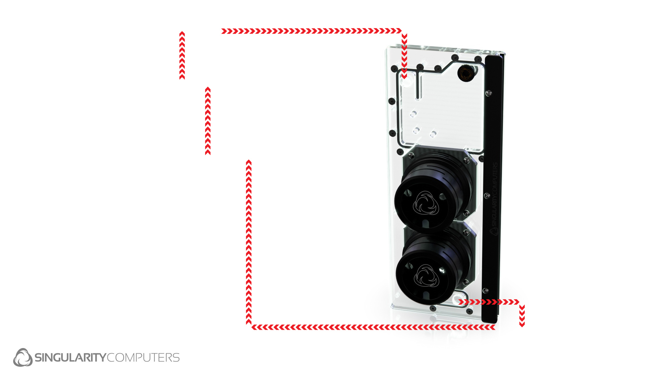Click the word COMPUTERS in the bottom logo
tap(143, 357)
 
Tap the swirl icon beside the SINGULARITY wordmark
tap(23, 357)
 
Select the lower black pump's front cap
tap(423, 277)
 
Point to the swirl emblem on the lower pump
tap(427, 276)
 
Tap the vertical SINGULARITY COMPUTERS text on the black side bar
tap(495, 199)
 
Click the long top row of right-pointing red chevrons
tap(311, 31)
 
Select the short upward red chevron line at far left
tap(182, 55)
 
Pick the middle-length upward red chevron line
tap(208, 121)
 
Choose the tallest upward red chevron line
tap(249, 242)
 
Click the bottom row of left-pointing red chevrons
tap(373, 327)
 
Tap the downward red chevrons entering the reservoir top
tap(404, 56)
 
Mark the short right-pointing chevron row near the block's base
tap(489, 302)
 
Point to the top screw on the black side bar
tap(489, 93)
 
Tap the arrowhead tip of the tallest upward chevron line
tap(249, 160)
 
